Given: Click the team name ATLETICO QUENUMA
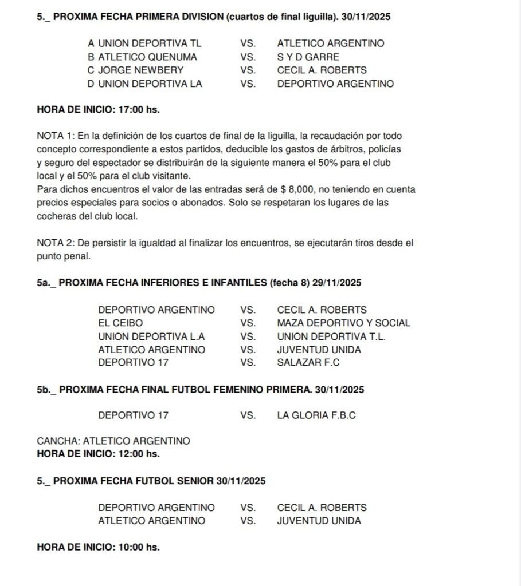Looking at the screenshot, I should [147, 57].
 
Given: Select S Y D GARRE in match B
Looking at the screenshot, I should [308, 57].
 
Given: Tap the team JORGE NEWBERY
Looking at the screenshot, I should [140, 70].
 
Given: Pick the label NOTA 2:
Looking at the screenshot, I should [55, 243].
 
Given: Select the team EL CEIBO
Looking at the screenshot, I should [120, 323].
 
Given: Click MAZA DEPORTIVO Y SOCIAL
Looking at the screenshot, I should [343, 323].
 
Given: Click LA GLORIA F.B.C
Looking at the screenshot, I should [316, 415].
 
